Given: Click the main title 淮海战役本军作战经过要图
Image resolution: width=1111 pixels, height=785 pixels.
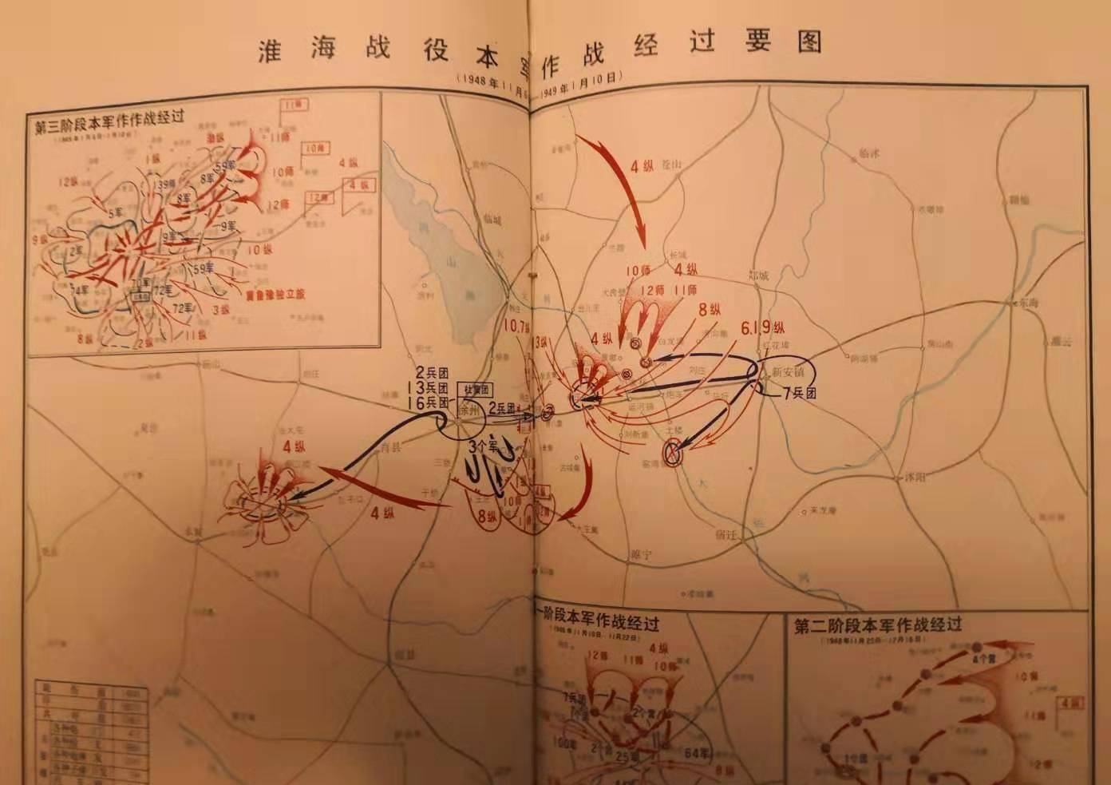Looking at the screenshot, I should coord(540,45).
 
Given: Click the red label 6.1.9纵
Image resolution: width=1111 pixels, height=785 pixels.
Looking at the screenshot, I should coord(762,327).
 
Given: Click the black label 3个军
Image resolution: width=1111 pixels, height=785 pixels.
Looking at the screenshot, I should coord(484,445).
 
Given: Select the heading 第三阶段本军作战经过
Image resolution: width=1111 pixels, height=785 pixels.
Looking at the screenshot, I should coord(110,116).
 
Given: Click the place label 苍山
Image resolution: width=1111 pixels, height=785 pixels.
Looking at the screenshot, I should coord(674,165).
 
